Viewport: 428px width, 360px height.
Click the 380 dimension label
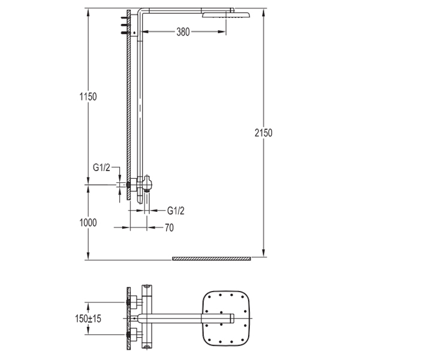point(183,32)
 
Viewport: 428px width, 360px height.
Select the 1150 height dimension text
point(88,96)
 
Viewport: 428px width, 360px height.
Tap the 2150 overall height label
point(263,133)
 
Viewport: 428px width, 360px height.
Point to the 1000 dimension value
point(88,223)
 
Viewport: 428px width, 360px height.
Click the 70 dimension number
point(169,227)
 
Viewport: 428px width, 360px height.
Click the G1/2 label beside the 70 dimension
point(175,210)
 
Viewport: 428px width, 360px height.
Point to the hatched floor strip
point(212,258)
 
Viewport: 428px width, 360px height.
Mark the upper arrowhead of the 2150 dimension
point(263,11)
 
